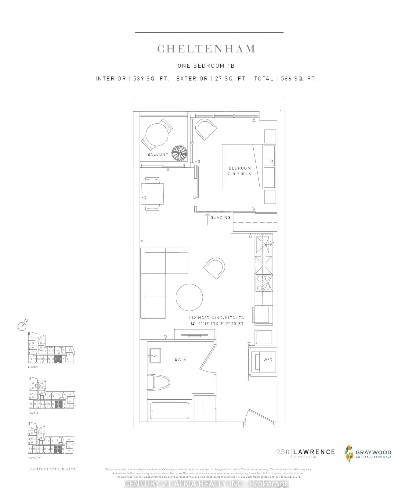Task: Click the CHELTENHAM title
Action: pyautogui.click(x=206, y=49)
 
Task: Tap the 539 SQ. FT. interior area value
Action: pyautogui.click(x=151, y=79)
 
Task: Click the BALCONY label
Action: pyautogui.click(x=158, y=155)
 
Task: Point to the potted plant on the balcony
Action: pyautogui.click(x=179, y=152)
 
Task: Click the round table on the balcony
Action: pyautogui.click(x=157, y=134)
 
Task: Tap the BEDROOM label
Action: pyautogui.click(x=240, y=168)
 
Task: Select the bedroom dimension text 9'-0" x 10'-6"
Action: pyautogui.click(x=240, y=174)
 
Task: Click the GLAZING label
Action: pyautogui.click(x=220, y=217)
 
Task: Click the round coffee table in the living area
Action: pyautogui.click(x=189, y=298)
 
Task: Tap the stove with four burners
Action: pyautogui.click(x=264, y=283)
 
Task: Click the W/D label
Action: pyautogui.click(x=268, y=360)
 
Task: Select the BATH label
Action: pyautogui.click(x=181, y=359)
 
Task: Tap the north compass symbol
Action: pyautogui.click(x=22, y=326)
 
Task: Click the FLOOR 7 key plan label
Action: pyautogui.click(x=33, y=367)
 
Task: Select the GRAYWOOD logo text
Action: pyautogui.click(x=373, y=452)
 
